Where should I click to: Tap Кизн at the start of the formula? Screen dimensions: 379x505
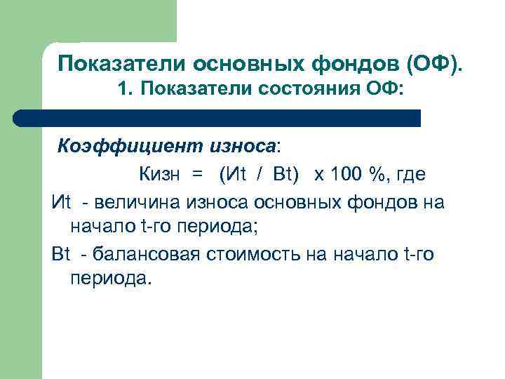pyautogui.click(x=159, y=174)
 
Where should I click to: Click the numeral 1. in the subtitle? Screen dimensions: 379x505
pyautogui.click(x=126, y=89)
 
